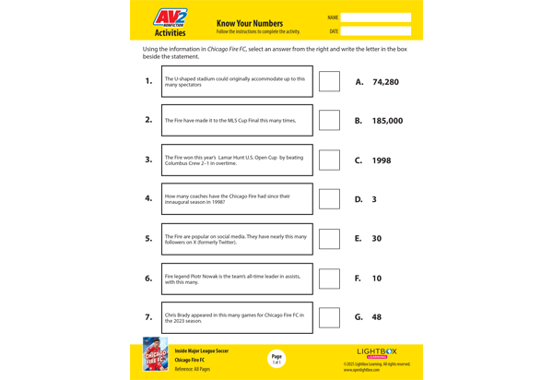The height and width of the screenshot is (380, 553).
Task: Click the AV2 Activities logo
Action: (x=170, y=22)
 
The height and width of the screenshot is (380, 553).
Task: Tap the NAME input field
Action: (x=375, y=18)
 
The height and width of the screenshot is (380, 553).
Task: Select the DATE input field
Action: (x=375, y=31)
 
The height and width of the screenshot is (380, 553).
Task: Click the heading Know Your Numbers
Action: (x=249, y=23)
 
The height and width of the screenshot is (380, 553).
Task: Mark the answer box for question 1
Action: (x=329, y=81)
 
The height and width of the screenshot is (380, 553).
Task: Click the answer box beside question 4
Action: (x=329, y=198)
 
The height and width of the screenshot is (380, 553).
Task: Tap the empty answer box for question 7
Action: (x=329, y=317)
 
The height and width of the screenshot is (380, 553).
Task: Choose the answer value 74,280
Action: (x=385, y=82)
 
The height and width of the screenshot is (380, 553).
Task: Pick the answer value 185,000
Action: (x=387, y=121)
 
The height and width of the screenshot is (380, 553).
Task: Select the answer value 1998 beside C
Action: (x=382, y=160)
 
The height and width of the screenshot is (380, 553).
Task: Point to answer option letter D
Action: (x=359, y=199)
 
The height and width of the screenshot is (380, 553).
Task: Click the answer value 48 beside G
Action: (x=377, y=317)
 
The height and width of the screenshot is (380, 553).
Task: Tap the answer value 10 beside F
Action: (x=377, y=278)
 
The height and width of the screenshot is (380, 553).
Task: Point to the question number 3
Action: (x=148, y=160)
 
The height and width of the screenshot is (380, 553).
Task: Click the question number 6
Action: (x=148, y=278)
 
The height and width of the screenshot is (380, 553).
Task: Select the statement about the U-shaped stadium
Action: (x=237, y=81)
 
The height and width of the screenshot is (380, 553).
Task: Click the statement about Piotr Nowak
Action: (x=237, y=279)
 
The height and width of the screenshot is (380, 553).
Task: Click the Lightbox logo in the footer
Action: (x=377, y=351)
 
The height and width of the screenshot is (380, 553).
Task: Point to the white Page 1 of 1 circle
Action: (x=276, y=359)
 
